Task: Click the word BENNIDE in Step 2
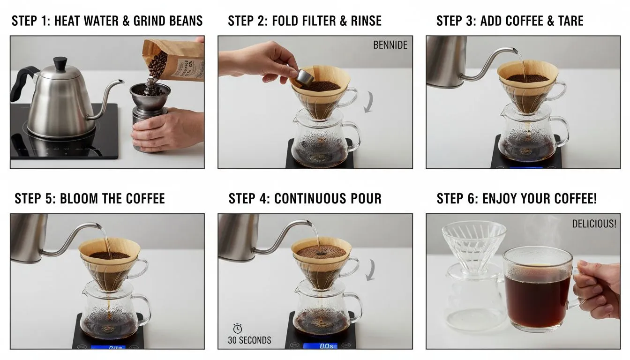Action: [x=390, y=45]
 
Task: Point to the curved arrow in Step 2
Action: [x=369, y=102]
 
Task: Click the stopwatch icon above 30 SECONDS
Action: [x=238, y=329]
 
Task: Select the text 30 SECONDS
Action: [x=249, y=340]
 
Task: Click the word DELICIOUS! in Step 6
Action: [x=594, y=224]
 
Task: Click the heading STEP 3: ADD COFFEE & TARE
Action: [x=510, y=21]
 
